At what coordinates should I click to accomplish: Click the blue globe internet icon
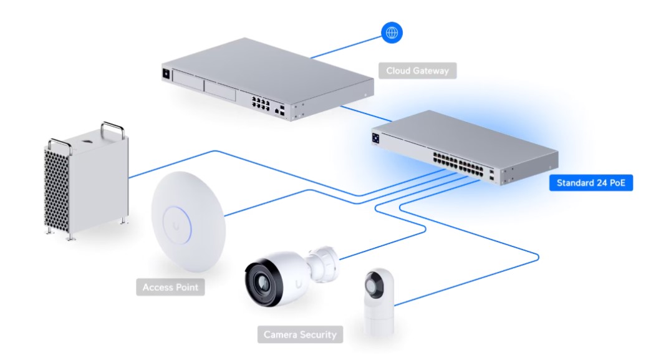point(392,32)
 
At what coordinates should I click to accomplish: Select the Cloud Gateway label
point(418,71)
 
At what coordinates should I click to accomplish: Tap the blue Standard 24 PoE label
point(591,183)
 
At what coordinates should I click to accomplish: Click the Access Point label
point(170,287)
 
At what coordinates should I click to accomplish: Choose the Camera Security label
point(300,334)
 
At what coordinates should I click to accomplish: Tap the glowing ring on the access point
point(176,225)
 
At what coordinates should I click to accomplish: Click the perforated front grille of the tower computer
point(57,190)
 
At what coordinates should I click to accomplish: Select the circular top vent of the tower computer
point(87,141)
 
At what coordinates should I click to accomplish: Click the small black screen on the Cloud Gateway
point(166,74)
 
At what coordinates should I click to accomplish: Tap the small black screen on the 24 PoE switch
point(375,139)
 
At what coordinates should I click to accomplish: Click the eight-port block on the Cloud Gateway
point(260,103)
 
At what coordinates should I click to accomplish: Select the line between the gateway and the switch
point(366,114)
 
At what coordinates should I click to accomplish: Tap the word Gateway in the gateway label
point(432,71)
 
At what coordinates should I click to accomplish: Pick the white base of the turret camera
point(379,319)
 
